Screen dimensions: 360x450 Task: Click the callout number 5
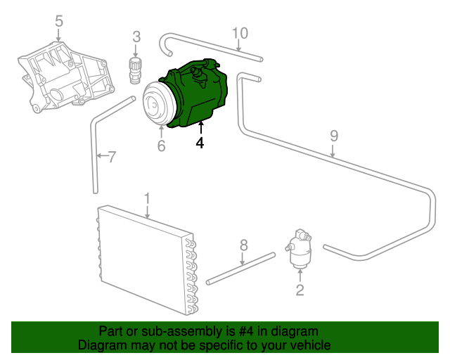point(59,21)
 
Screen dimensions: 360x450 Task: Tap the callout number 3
point(136,36)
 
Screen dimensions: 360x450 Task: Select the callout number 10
point(240,32)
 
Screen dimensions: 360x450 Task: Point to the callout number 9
point(334,135)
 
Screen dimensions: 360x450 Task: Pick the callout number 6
point(161,146)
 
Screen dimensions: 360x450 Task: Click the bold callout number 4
point(200,143)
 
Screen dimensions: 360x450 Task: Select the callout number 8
point(244,245)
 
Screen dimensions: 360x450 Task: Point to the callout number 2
point(300,289)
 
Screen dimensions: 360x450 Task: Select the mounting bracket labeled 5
point(67,77)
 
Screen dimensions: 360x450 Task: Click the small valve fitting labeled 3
point(135,69)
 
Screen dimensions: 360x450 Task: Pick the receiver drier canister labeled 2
point(299,251)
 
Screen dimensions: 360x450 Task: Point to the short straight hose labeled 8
point(241,268)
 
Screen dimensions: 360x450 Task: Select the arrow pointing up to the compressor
point(200,127)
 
